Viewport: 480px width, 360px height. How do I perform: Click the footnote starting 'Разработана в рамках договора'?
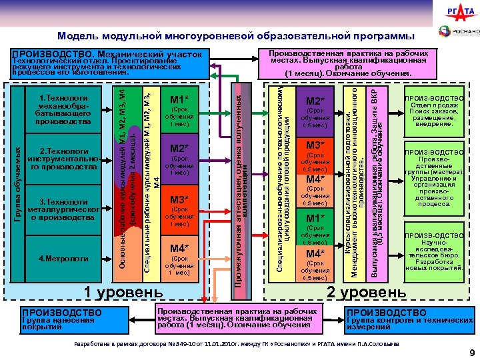click(x=234, y=343)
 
